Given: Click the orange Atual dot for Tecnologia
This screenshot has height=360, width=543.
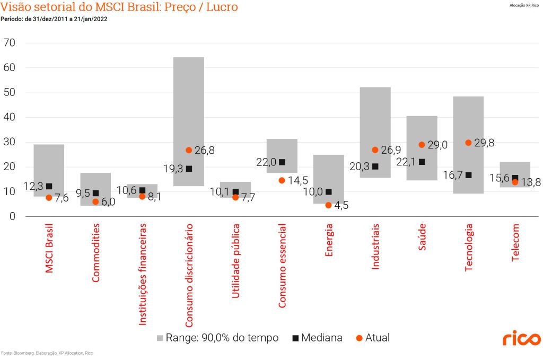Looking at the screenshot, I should click(x=468, y=143).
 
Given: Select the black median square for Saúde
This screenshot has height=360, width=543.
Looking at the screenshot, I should click(x=422, y=162).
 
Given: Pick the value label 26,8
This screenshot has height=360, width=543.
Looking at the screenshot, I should click(x=204, y=151).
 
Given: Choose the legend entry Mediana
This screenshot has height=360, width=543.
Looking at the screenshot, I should click(x=317, y=338).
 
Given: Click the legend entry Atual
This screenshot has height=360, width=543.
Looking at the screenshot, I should click(x=373, y=338).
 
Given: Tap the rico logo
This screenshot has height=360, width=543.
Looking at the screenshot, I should click(x=522, y=338).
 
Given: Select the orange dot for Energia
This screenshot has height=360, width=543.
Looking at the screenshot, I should click(x=328, y=205).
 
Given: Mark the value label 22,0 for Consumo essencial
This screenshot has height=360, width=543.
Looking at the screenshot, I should click(x=267, y=162).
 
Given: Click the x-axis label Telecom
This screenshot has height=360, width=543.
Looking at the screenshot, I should click(x=515, y=242).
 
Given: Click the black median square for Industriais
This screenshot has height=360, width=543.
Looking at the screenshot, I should click(x=375, y=166).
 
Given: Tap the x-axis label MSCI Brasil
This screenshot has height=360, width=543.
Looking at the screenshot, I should click(x=49, y=248).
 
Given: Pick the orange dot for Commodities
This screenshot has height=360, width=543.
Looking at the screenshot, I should click(x=95, y=201).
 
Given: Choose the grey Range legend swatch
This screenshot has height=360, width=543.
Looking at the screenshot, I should click(x=160, y=338).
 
